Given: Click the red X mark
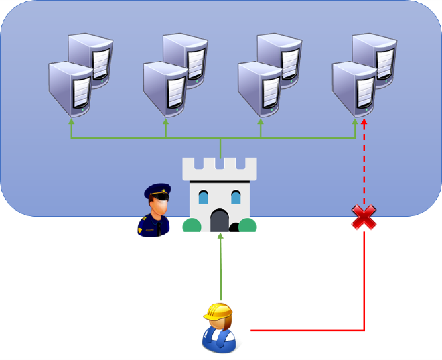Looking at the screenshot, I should pos(364,217).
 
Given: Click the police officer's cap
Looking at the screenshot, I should pos(157,191).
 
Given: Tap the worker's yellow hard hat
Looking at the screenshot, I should pos(218,312).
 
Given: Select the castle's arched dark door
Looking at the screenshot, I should pos(220,221).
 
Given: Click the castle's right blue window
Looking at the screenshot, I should pos(235,197).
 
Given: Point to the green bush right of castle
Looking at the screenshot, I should pos(247,225).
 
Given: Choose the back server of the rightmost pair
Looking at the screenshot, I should pos(376,57).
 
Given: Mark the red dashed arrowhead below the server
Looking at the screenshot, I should pos(364,125).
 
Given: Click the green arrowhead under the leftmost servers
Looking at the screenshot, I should pos(71,122).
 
